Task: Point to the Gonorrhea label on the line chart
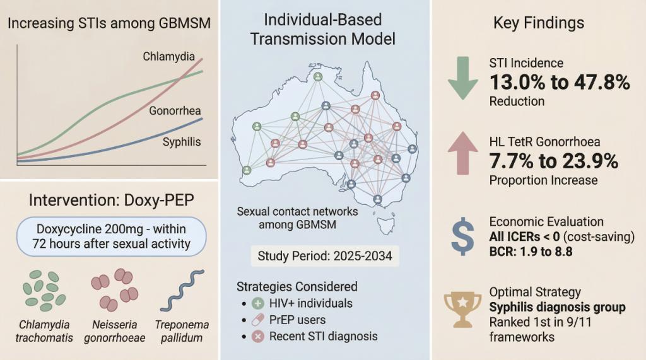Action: click(x=175, y=112)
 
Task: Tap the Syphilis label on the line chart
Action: click(x=182, y=141)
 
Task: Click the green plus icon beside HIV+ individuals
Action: click(x=258, y=303)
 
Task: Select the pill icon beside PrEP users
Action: click(x=258, y=320)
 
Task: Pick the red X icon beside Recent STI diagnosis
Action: click(x=258, y=336)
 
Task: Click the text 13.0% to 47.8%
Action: click(x=560, y=82)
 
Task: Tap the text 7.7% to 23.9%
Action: click(x=553, y=161)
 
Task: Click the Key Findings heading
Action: click(x=538, y=23)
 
